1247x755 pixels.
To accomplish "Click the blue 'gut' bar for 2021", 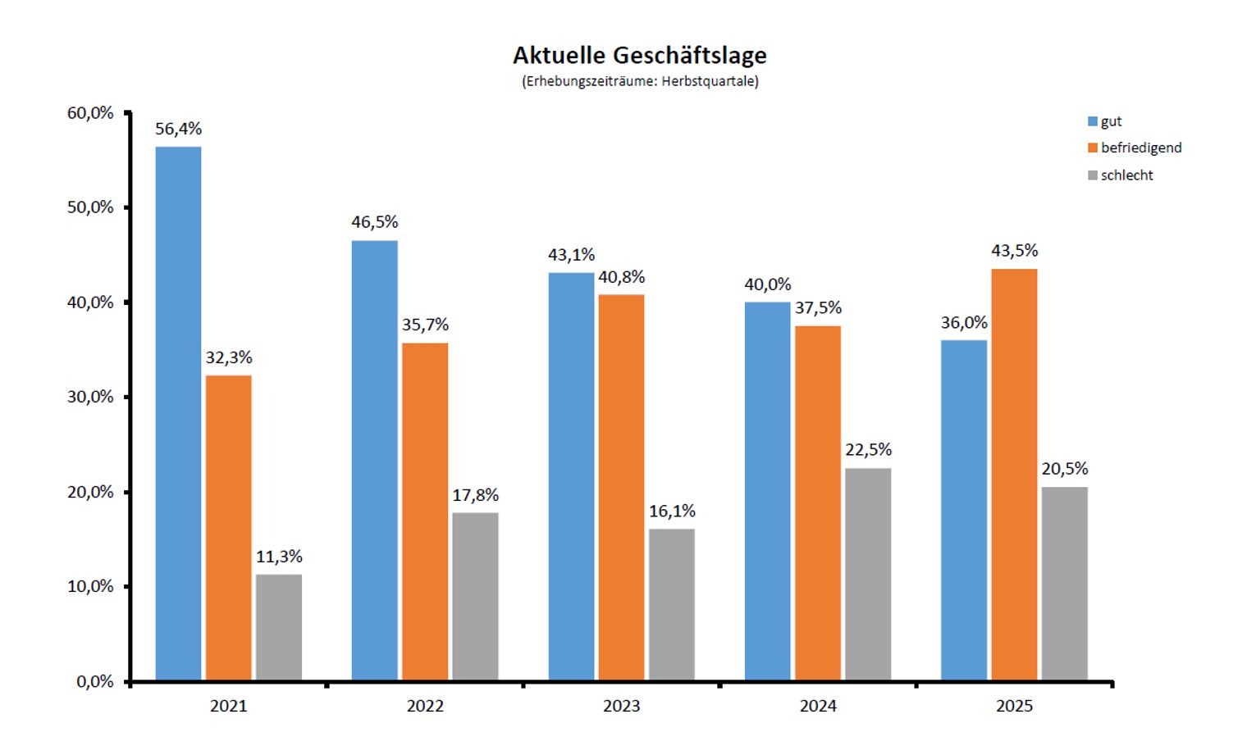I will click(178, 413).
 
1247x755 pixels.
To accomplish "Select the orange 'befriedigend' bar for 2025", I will click(1014, 475).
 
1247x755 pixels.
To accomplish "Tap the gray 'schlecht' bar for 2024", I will click(868, 574).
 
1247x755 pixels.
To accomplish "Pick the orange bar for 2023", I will click(621, 487).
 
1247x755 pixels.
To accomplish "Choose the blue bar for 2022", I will click(374, 460).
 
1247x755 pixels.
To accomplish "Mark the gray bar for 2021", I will click(279, 627).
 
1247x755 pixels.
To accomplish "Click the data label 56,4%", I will click(178, 129).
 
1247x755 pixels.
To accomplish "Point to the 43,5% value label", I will click(1014, 251).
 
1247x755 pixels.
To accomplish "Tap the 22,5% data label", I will click(868, 450).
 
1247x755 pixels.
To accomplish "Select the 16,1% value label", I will click(672, 512).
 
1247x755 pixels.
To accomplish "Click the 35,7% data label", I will click(425, 325).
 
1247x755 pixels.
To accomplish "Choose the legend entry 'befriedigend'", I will click(1140, 148).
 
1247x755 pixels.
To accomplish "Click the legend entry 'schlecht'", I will click(1126, 175).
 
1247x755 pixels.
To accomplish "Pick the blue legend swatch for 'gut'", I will click(1092, 121).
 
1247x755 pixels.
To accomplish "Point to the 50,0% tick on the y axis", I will click(90, 207).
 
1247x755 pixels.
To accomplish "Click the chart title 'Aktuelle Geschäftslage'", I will click(640, 56).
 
